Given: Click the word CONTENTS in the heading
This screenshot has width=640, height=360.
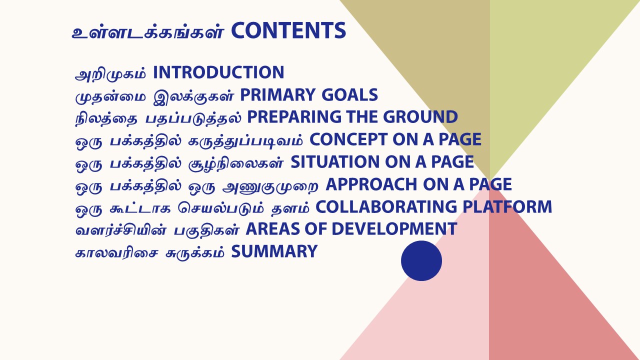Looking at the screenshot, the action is click(288, 30).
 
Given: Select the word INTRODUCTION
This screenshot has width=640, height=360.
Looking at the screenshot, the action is click(218, 72).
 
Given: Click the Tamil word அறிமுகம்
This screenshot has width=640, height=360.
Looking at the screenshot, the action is click(110, 73).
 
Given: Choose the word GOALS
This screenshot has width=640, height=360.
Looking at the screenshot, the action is click(349, 95).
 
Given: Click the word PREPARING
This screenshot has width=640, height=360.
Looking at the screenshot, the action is click(294, 117).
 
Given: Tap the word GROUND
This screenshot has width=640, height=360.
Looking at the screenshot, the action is click(420, 117).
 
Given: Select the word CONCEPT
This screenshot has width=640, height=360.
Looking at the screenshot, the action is click(348, 139).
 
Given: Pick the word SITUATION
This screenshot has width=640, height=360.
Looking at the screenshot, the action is click(335, 161).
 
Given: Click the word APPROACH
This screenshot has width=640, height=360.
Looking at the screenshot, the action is click(371, 184).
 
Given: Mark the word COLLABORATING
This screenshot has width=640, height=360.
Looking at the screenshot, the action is click(386, 206).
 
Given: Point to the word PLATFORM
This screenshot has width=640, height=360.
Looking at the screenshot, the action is click(507, 206).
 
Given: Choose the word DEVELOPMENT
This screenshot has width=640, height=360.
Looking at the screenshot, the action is click(394, 229).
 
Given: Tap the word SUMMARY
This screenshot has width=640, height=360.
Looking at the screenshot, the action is click(274, 251).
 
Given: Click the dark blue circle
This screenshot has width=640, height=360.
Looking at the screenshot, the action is click(421, 261).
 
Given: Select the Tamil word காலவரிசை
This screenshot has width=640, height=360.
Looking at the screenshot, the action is click(116, 253).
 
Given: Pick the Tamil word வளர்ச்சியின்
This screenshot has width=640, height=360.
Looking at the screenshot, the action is click(120, 230).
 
